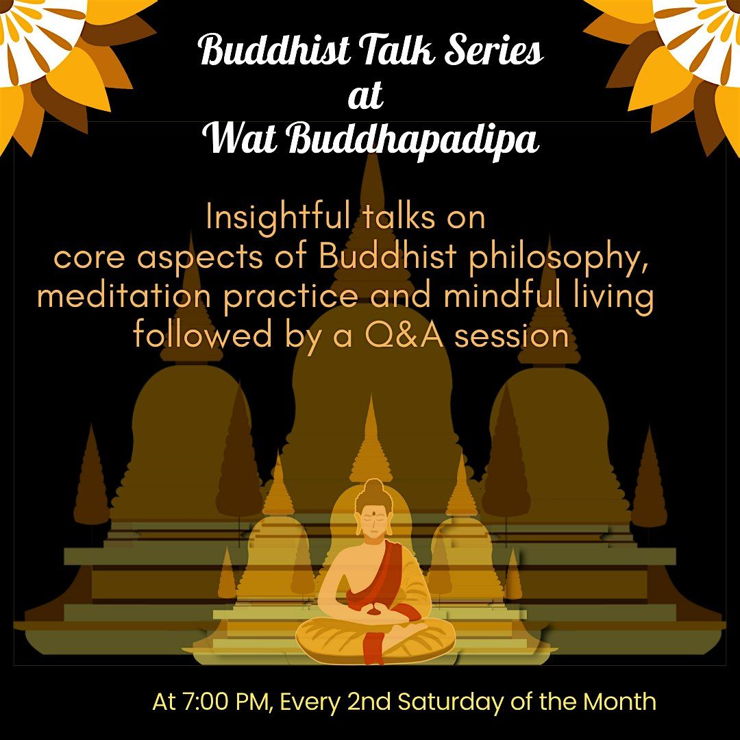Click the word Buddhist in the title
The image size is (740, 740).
[x=275, y=50]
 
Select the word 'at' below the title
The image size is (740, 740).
[x=365, y=95]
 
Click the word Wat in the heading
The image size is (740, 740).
[x=241, y=138]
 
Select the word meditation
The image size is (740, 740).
[x=123, y=297]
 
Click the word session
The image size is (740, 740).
[x=511, y=336]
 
